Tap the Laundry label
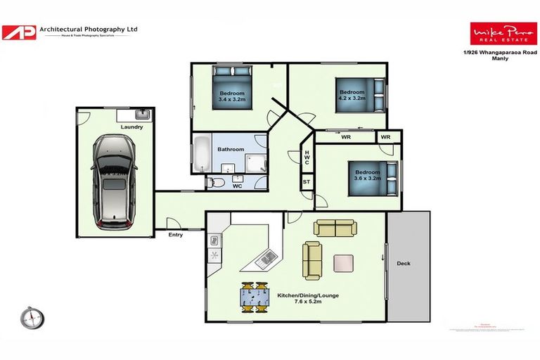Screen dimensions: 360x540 pyautogui.click(x=131, y=127)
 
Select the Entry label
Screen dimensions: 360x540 pyautogui.click(x=176, y=234)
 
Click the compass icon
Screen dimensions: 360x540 pyautogui.click(x=32, y=318)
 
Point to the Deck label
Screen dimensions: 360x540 pyautogui.click(x=403, y=264)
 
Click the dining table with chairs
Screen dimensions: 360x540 pyautogui.click(x=255, y=297)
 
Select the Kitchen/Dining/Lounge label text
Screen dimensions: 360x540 pyautogui.click(x=308, y=295)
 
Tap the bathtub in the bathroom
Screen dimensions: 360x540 pyautogui.click(x=201, y=155)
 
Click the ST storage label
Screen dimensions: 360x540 pyautogui.click(x=307, y=182)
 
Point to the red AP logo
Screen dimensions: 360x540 pyautogui.click(x=18, y=32)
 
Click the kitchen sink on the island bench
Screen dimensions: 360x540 pyautogui.click(x=265, y=258)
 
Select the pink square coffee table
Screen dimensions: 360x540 pyautogui.click(x=344, y=263)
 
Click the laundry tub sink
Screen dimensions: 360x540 pyautogui.click(x=143, y=114)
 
